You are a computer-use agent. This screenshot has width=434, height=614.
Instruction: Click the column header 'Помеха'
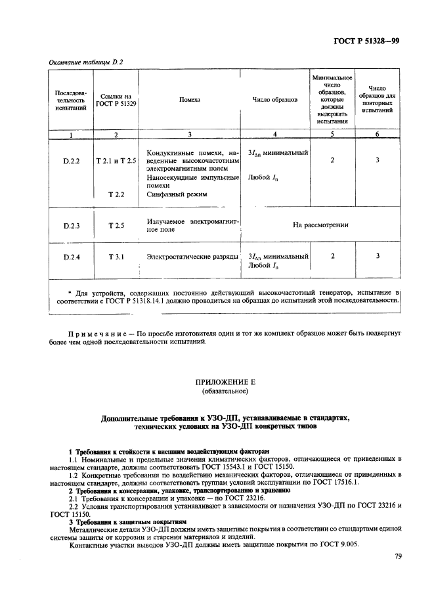pyautogui.click(x=190, y=100)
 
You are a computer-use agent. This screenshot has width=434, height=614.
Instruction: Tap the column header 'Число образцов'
pyautogui.click(x=275, y=100)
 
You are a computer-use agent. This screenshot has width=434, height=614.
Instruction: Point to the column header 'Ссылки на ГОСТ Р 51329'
pyautogui.click(x=116, y=100)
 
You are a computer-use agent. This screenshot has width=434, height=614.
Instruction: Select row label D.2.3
pyautogui.click(x=72, y=225)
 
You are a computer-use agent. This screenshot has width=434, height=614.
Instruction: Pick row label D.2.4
pyautogui.click(x=72, y=257)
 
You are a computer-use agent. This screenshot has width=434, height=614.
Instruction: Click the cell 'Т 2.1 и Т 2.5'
pyautogui.click(x=116, y=161)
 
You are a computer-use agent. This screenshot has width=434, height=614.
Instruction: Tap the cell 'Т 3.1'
pyautogui.click(x=116, y=257)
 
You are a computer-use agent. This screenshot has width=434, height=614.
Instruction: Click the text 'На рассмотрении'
pyautogui.click(x=320, y=225)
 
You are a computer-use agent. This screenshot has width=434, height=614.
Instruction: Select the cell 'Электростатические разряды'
pyautogui.click(x=192, y=257)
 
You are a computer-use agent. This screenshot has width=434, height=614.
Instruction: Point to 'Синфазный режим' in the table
pyautogui.click(x=177, y=194)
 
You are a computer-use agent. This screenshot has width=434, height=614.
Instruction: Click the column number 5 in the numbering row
pyautogui.click(x=332, y=134)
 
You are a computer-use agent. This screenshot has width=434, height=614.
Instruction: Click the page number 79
pyautogui.click(x=398, y=556)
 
